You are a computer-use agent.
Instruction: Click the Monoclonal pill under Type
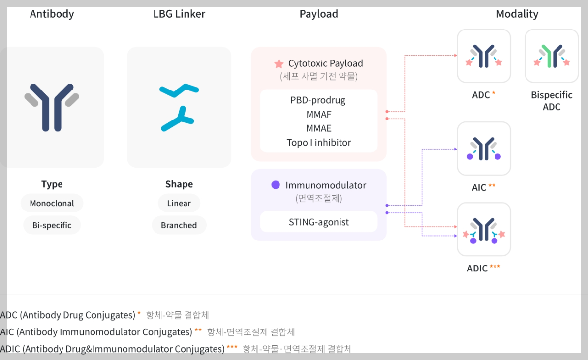(52, 203)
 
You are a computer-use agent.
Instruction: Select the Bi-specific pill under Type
(52, 225)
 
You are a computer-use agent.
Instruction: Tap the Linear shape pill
(179, 203)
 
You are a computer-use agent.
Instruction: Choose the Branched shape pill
(179, 225)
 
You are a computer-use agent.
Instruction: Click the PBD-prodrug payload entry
(318, 100)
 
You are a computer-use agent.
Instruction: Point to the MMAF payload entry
(318, 115)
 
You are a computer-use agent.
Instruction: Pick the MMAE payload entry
(318, 128)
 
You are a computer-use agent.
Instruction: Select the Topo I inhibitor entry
(318, 143)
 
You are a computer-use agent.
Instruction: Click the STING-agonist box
(318, 222)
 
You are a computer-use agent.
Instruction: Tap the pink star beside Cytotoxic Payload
(279, 64)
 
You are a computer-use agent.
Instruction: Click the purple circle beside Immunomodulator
(276, 185)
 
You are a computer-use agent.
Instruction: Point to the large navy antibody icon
(52, 107)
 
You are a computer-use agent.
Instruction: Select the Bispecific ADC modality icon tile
(552, 56)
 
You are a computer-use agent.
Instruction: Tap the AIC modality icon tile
(484, 149)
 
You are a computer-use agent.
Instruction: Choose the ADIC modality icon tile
(484, 230)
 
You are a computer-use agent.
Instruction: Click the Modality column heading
(517, 14)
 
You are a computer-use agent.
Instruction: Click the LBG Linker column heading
(179, 14)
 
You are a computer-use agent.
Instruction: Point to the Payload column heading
(318, 14)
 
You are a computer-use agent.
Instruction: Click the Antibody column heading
(52, 14)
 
